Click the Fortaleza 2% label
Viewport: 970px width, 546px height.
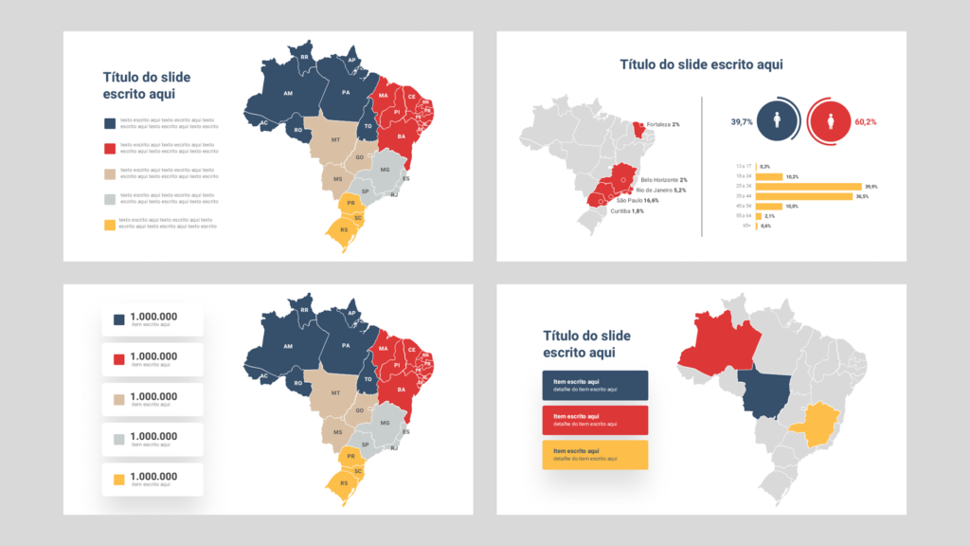pyautogui.click(x=663, y=125)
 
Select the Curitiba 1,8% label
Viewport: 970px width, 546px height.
pyautogui.click(x=625, y=211)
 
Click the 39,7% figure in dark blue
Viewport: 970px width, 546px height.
pyautogui.click(x=742, y=121)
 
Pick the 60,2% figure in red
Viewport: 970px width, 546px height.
pyautogui.click(x=865, y=122)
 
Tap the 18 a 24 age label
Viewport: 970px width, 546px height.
pyautogui.click(x=743, y=176)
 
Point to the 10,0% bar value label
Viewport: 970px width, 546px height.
pyautogui.click(x=792, y=206)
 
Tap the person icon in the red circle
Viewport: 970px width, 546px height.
pyautogui.click(x=830, y=121)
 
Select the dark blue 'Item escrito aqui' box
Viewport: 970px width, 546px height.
pyautogui.click(x=595, y=385)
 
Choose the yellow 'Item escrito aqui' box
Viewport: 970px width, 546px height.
pyautogui.click(x=595, y=454)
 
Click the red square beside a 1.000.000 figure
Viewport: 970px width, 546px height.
pyautogui.click(x=118, y=359)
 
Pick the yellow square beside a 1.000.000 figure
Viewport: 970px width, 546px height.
pyautogui.click(x=118, y=480)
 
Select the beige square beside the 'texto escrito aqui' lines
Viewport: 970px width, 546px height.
pyautogui.click(x=110, y=173)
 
